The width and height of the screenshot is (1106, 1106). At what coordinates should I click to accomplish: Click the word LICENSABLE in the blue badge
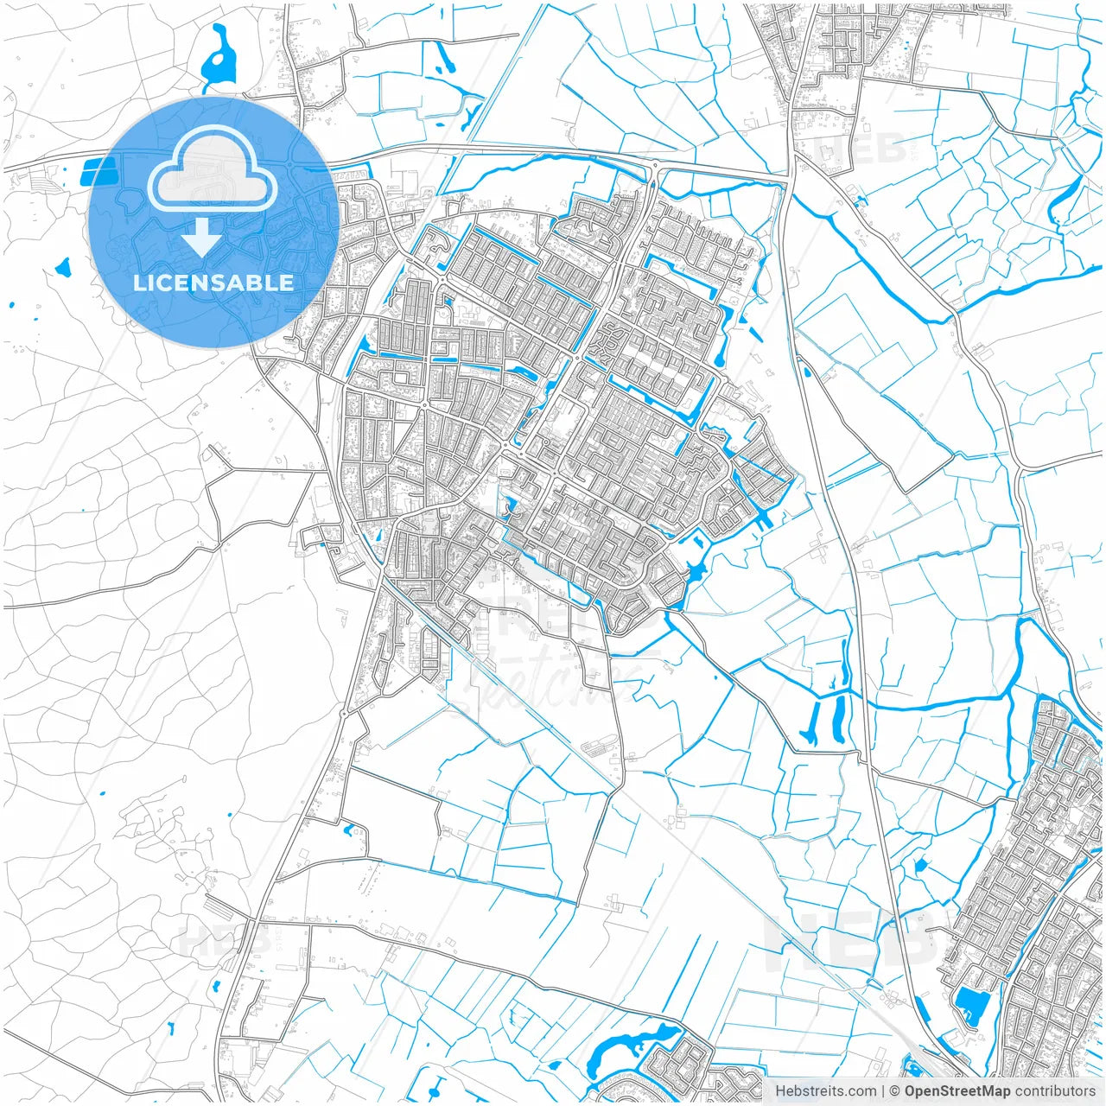pyautogui.click(x=213, y=283)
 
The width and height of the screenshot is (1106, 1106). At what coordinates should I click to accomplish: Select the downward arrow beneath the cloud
pyautogui.click(x=202, y=238)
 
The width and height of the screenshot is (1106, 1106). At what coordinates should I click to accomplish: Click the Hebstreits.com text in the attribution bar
pyautogui.click(x=825, y=1091)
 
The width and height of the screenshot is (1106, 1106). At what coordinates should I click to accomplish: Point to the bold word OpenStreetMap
pyautogui.click(x=957, y=1091)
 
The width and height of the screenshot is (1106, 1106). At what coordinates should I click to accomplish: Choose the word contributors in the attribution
pyautogui.click(x=1054, y=1091)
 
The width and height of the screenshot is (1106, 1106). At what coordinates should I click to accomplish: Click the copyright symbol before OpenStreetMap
pyautogui.click(x=895, y=1091)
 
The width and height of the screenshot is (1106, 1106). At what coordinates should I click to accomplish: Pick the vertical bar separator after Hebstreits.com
pyautogui.click(x=883, y=1091)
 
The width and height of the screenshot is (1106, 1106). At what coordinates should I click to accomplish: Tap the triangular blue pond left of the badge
pyautogui.click(x=63, y=269)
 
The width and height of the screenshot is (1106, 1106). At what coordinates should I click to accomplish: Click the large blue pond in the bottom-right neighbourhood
pyautogui.click(x=972, y=1005)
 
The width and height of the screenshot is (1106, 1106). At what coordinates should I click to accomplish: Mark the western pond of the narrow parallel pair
pyautogui.click(x=812, y=721)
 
